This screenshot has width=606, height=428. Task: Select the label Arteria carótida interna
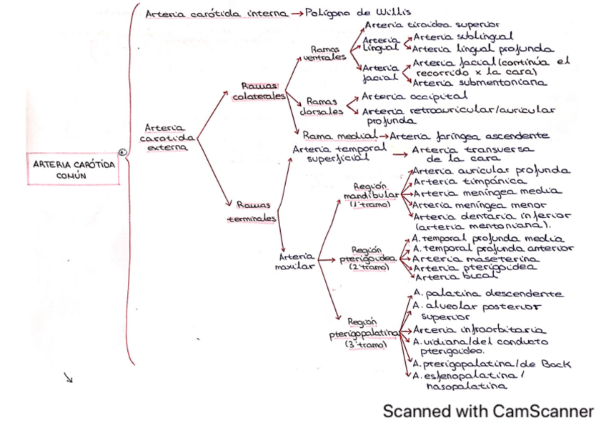pos(216,14)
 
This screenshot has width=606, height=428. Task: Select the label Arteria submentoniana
pos(479,82)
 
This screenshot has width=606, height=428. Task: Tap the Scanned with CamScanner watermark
pos(487,412)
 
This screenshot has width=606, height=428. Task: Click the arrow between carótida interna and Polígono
pos(296,14)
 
